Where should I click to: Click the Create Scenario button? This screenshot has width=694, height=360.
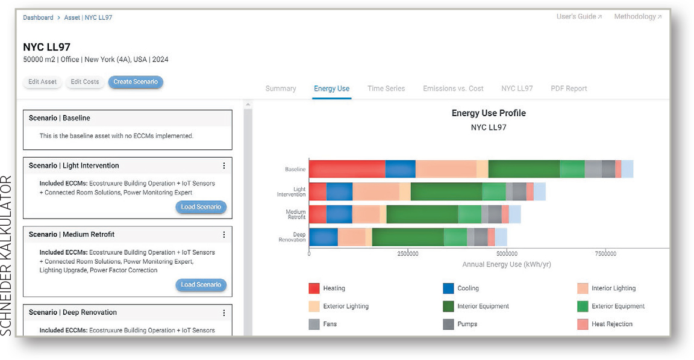point(136,82)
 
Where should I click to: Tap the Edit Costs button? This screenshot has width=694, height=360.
point(84,82)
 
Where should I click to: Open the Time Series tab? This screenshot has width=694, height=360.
point(386,88)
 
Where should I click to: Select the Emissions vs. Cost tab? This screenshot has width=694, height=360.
point(453,88)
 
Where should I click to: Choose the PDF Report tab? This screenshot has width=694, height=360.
point(569,88)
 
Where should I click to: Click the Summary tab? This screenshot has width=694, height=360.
point(281,88)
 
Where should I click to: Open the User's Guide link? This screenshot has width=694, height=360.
point(579,17)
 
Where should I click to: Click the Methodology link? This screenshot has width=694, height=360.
point(638,17)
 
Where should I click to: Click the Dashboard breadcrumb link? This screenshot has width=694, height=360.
point(38,17)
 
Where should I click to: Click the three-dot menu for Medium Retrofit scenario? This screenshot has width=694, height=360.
point(224,235)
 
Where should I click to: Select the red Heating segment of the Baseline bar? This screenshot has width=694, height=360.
point(347,169)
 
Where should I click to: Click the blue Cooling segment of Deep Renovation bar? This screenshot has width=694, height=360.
point(324,237)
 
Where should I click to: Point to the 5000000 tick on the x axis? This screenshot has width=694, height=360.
point(507,253)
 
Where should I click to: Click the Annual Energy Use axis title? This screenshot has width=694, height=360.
point(506,264)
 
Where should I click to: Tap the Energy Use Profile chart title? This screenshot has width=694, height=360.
point(489,113)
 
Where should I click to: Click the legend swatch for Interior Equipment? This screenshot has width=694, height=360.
point(448,306)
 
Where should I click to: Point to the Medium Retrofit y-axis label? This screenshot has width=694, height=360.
point(296,214)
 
